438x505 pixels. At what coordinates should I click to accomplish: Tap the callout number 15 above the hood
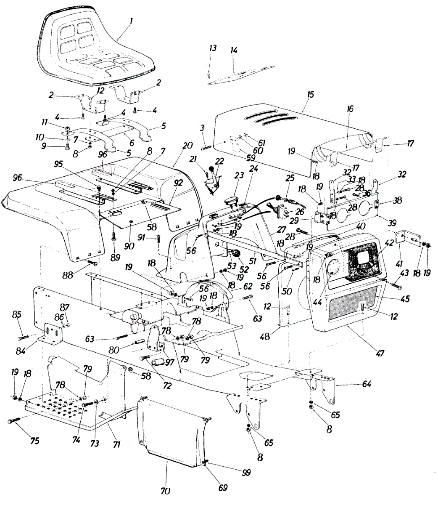(x=310, y=95)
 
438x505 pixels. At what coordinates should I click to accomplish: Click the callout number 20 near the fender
(x=187, y=146)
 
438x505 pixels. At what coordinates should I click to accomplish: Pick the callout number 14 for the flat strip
(x=234, y=51)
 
